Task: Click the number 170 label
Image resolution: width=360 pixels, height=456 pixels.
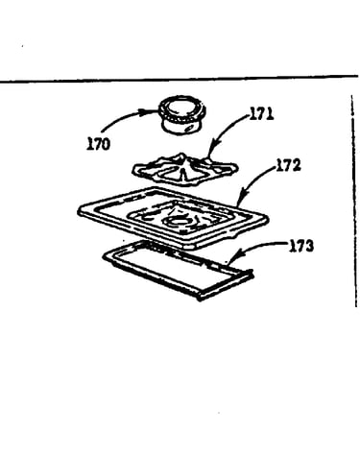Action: pos(98,144)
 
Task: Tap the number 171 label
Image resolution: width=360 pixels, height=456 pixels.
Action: pos(261,113)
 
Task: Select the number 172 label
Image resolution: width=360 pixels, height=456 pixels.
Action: pos(288,165)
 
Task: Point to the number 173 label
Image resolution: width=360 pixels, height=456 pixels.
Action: pos(301,246)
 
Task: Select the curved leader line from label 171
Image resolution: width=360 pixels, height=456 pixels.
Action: pos(227,128)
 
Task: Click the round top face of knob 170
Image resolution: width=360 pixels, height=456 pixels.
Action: pos(181,108)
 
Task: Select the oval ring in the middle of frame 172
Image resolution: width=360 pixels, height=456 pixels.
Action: pos(175,221)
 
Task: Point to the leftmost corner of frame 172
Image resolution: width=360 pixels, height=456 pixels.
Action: pos(79,211)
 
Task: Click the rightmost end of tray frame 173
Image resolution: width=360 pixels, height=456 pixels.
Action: pos(252,274)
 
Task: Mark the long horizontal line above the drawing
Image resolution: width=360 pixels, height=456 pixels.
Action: pos(180,79)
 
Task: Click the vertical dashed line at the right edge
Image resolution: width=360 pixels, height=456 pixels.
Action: pos(354,201)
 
